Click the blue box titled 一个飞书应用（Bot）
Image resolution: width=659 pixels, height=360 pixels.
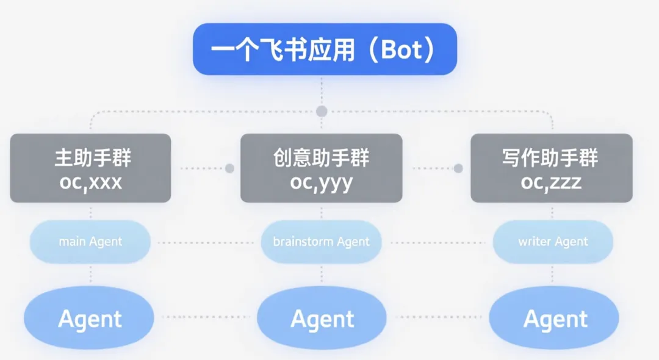point(325,49)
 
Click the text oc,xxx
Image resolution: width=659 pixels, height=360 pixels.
point(90,182)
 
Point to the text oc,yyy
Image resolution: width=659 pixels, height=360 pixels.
point(321,182)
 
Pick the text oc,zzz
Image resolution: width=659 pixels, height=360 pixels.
point(551,182)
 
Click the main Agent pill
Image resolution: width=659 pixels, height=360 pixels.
point(90,242)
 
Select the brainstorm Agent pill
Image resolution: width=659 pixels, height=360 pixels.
point(321,242)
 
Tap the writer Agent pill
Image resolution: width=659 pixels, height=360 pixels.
point(553,242)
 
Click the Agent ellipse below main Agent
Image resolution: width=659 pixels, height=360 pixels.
point(89,319)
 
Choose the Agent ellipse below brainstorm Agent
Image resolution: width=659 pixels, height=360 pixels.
point(322,319)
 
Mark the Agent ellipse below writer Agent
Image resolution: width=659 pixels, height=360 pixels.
point(554,319)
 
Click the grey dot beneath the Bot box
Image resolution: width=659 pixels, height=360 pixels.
point(322,111)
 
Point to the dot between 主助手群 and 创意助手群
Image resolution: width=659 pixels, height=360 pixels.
point(230,168)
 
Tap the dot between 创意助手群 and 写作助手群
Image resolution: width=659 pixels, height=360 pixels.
point(458,168)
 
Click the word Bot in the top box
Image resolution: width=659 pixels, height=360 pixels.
point(401,50)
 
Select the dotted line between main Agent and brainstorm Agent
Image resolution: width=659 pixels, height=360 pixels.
point(205,243)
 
